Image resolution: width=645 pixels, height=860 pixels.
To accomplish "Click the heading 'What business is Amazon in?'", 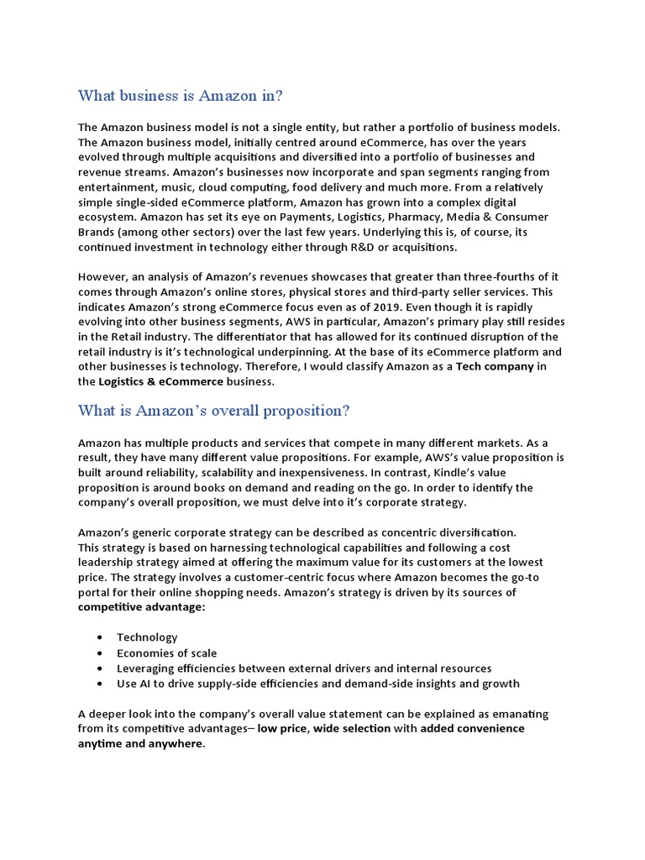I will (x=181, y=95).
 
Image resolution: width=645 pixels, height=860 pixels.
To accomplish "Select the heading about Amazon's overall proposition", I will (x=213, y=411).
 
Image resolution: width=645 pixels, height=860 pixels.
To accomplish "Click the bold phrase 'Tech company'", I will (x=495, y=367).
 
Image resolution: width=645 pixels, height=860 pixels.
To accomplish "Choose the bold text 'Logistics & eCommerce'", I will (x=161, y=382).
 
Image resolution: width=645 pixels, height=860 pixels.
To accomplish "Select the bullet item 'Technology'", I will (x=147, y=637).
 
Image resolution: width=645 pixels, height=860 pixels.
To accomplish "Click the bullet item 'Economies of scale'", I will (x=166, y=653).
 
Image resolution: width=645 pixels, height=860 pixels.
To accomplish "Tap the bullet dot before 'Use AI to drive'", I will (x=101, y=684).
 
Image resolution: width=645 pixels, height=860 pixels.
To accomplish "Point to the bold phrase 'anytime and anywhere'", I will (x=140, y=744).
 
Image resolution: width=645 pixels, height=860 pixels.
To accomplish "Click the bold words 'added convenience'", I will (x=472, y=729).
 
